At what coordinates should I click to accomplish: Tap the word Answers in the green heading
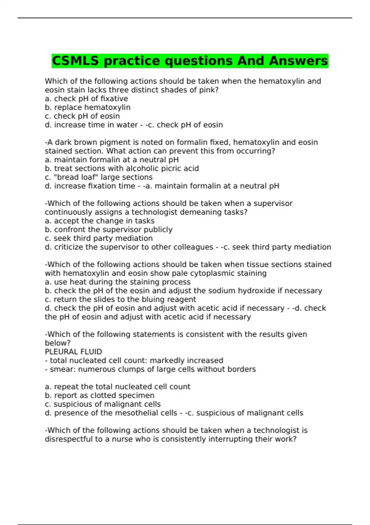pos(298,61)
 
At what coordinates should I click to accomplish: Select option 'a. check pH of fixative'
pos(86,99)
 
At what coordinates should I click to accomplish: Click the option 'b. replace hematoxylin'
pos(88,107)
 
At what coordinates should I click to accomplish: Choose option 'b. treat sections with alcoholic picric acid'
pos(122,169)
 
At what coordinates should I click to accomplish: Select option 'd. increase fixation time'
pos(90,186)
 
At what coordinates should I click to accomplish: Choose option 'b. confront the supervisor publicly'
pos(109,230)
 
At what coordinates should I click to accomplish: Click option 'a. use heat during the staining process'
pos(117,282)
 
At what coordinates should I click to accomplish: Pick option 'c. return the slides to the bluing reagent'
pos(120,300)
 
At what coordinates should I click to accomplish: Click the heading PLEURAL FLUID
pos(73,352)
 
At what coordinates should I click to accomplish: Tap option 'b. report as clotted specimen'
pos(100,396)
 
